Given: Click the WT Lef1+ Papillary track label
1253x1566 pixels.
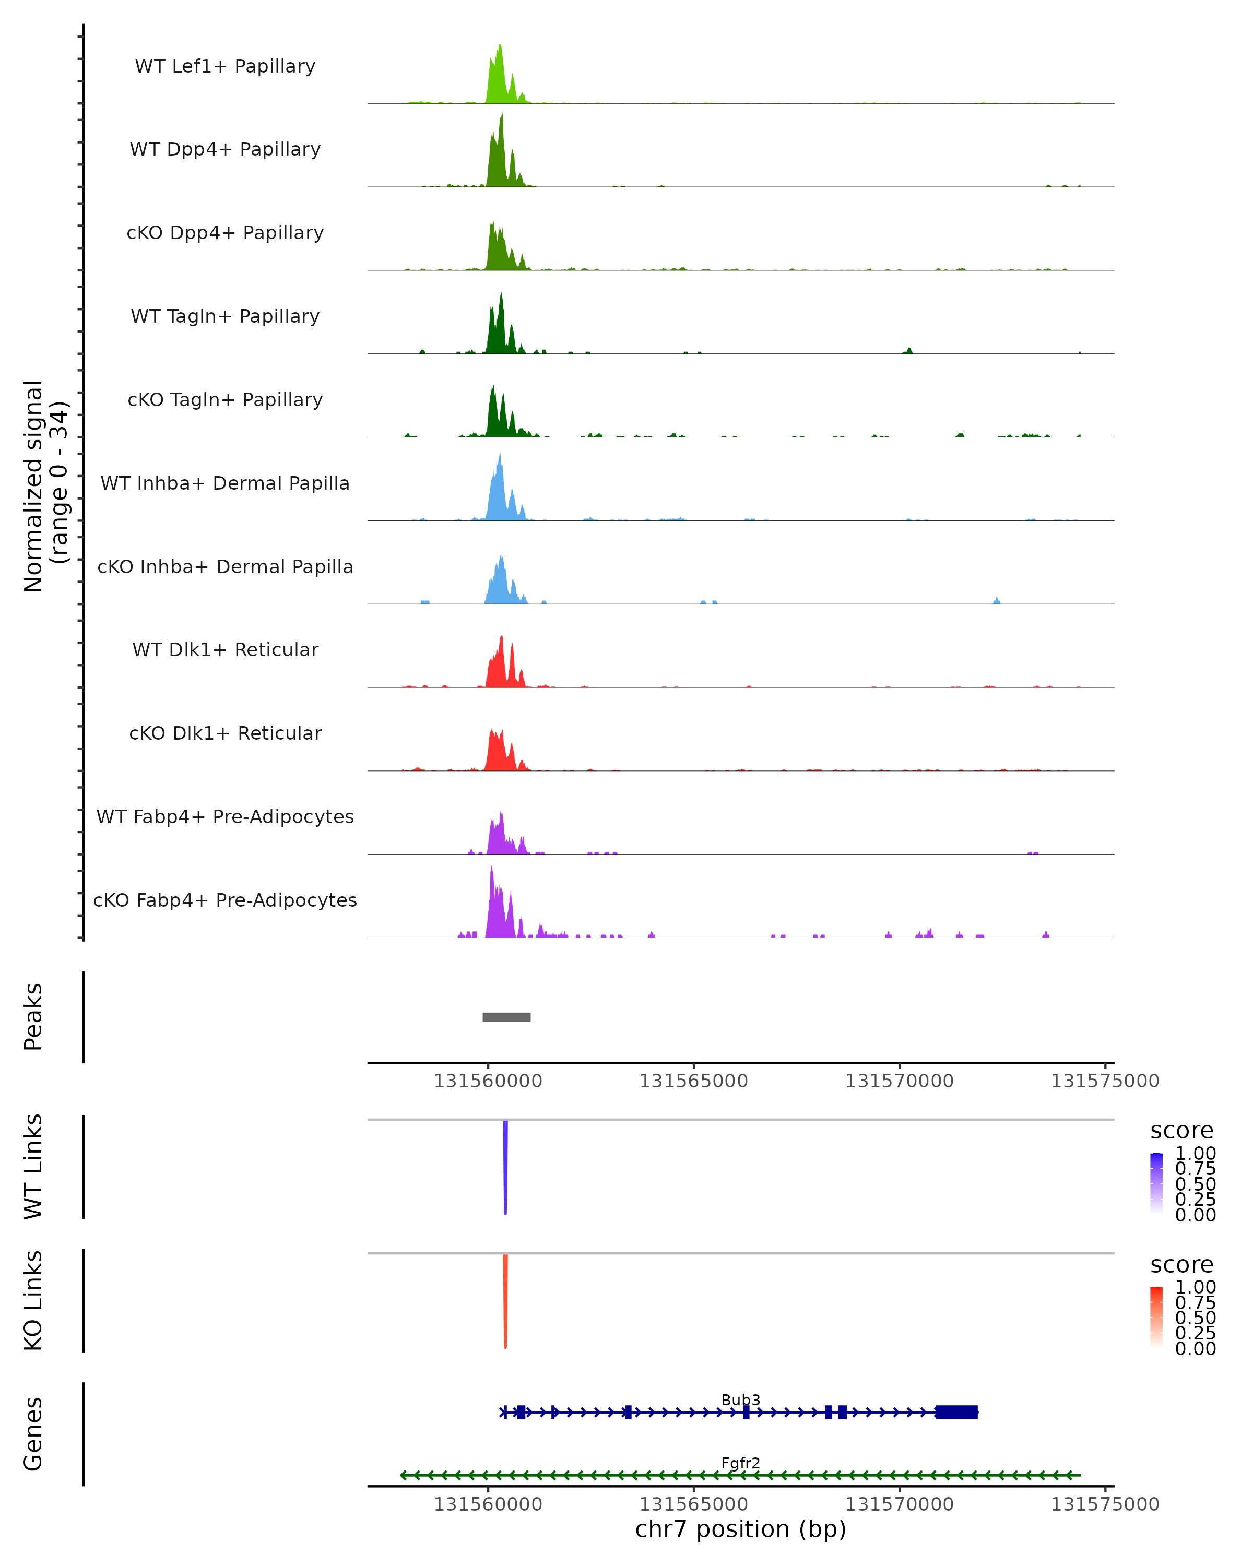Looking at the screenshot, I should [225, 66].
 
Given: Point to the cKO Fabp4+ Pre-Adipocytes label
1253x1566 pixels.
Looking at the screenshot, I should [225, 900].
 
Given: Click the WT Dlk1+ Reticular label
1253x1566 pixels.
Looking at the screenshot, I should [225, 650].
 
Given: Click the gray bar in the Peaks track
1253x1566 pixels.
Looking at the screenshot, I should [506, 1017].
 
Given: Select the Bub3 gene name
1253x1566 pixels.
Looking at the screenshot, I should [740, 1399].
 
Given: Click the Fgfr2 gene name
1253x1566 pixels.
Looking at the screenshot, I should [740, 1463].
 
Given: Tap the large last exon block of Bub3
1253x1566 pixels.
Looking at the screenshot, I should [956, 1412].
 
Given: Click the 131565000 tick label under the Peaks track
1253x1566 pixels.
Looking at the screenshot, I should [694, 1081].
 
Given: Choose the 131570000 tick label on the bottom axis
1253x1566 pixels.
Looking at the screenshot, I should [899, 1504].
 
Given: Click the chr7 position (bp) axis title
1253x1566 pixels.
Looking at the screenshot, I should [740, 1529].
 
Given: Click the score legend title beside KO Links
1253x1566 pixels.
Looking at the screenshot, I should [1182, 1265].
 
